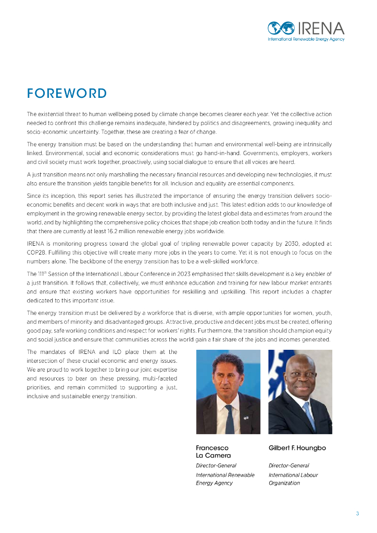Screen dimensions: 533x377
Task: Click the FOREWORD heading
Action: click(x=67, y=94)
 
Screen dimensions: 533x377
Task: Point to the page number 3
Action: click(x=357, y=514)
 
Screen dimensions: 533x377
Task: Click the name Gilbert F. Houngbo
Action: click(x=297, y=448)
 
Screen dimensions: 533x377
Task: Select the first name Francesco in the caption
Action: click(x=212, y=448)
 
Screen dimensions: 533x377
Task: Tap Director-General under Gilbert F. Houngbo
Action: click(x=288, y=465)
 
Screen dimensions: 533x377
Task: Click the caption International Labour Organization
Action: click(x=293, y=479)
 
